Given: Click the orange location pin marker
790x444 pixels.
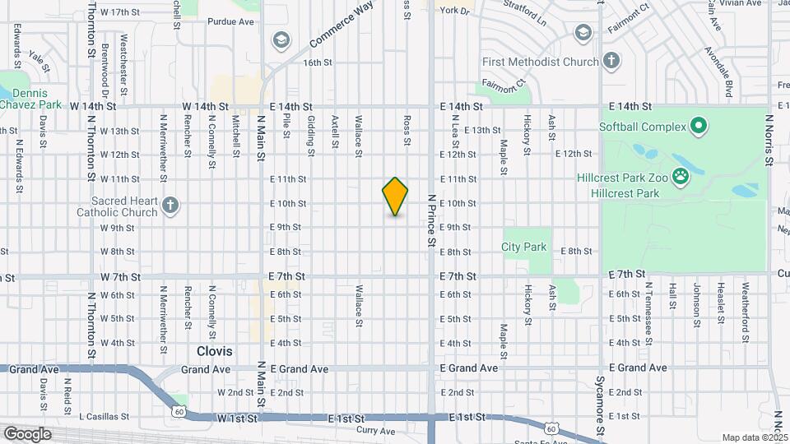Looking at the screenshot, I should [x=396, y=196].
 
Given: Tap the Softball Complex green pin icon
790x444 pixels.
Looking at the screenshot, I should [x=699, y=127].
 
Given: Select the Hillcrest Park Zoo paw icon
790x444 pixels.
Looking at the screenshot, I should [x=681, y=175].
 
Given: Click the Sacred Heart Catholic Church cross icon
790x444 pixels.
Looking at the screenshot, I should [x=170, y=206].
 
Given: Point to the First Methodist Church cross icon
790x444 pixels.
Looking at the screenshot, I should [x=611, y=60].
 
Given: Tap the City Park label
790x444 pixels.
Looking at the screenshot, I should [x=524, y=247].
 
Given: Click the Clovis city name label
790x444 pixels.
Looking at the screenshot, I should [x=214, y=351].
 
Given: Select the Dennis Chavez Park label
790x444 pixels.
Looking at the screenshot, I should [x=30, y=99].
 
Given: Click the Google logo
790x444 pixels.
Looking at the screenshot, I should [x=27, y=434].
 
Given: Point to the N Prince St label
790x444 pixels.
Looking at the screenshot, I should [x=430, y=220].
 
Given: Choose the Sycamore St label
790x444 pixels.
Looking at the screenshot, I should [x=602, y=403].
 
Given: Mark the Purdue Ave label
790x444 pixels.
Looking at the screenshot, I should [x=231, y=22].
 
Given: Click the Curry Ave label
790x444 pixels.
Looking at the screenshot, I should [x=376, y=431].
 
